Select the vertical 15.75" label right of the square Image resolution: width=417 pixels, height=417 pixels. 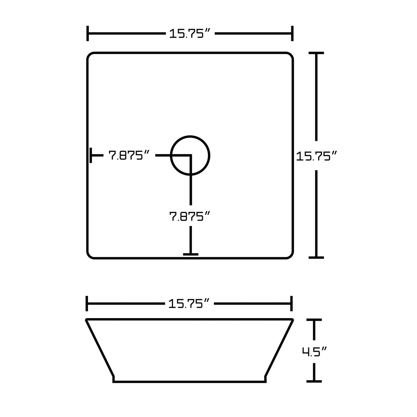[x=317, y=156]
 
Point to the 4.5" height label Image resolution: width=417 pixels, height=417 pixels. [x=314, y=351]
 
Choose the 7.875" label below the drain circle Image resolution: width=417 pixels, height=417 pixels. [x=189, y=216]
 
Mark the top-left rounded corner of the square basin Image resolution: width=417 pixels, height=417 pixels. [x=89, y=55]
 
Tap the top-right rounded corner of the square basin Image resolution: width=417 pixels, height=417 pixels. [x=291, y=55]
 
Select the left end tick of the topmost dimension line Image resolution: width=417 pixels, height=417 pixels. [x=88, y=33]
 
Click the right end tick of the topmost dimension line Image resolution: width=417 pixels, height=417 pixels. [x=292, y=33]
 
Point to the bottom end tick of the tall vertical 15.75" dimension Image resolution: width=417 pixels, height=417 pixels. [x=316, y=257]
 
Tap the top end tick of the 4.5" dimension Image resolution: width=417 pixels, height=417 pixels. [x=314, y=320]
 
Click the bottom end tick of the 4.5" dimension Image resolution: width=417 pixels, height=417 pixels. [x=314, y=381]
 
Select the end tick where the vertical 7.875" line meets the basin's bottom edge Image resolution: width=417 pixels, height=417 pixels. [x=190, y=254]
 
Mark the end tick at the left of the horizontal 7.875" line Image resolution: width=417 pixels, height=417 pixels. [x=91, y=155]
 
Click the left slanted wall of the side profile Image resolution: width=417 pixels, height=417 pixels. [x=100, y=348]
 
